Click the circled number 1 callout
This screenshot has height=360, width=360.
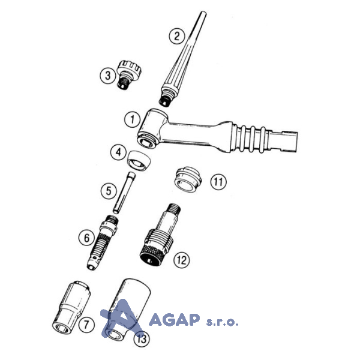(x=133, y=119)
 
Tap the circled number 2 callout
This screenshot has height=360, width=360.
(x=177, y=36)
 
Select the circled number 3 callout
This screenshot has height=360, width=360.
(x=108, y=76)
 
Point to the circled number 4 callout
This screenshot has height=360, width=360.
(x=118, y=152)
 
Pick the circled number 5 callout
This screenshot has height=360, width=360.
(x=109, y=191)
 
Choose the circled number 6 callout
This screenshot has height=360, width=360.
(x=86, y=238)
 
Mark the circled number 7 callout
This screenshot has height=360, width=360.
(x=86, y=325)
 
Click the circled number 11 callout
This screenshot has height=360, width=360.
(x=218, y=182)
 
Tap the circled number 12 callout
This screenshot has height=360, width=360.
(x=182, y=260)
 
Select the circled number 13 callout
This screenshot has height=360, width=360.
(x=142, y=338)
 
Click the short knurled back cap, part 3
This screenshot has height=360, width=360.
(x=128, y=74)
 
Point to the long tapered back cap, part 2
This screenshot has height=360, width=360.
(x=182, y=59)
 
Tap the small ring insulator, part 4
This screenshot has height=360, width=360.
(x=139, y=160)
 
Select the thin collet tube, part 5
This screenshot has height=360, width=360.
(x=124, y=193)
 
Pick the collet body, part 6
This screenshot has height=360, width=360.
(x=103, y=242)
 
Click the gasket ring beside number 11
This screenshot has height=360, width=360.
(x=188, y=179)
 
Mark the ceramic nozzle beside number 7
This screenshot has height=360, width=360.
(x=71, y=307)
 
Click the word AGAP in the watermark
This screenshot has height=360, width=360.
(x=174, y=319)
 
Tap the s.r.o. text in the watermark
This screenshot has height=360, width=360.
(x=222, y=322)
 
